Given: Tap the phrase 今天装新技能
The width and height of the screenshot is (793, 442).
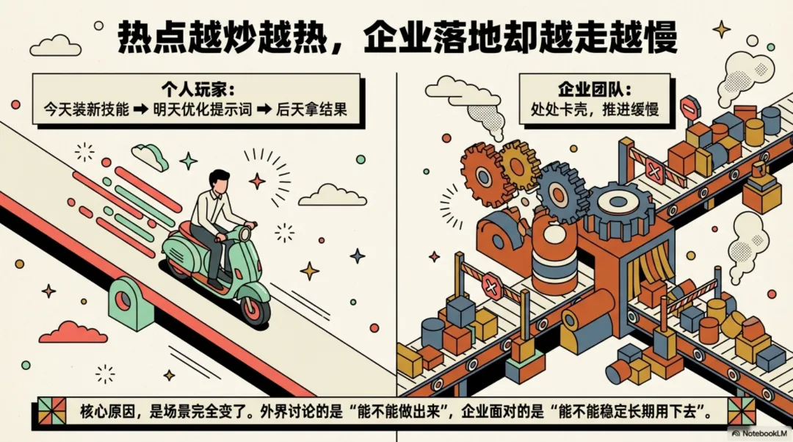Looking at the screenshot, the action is (86, 109).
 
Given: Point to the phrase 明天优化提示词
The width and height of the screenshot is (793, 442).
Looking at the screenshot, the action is (203, 109).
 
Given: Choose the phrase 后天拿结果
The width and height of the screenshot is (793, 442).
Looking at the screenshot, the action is (311, 109).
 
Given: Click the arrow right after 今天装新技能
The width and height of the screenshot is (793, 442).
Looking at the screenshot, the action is (141, 109).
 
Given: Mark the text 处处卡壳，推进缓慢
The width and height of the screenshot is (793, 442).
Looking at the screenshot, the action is (595, 109).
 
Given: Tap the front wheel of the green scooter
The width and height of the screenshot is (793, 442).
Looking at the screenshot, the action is (254, 308).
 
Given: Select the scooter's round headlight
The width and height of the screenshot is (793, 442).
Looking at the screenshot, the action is (245, 233).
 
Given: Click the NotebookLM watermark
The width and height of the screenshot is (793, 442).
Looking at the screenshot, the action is (759, 433).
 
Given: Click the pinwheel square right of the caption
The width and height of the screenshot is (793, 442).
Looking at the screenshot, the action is (741, 410).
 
